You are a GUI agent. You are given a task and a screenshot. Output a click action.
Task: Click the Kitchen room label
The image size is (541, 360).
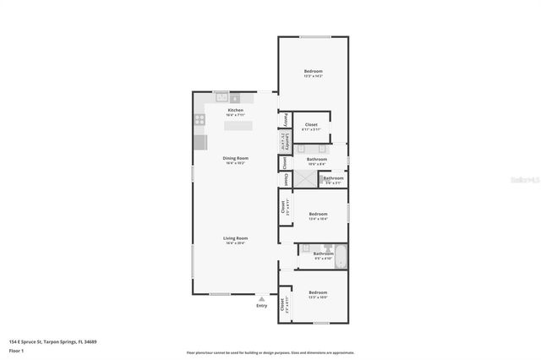235,111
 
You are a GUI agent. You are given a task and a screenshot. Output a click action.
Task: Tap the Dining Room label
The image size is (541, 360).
235,158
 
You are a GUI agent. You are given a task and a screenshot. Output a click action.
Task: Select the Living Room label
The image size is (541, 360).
235,238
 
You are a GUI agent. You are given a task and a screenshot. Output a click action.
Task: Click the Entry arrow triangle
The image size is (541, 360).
261,298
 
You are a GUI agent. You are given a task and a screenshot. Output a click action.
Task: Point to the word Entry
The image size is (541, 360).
261,306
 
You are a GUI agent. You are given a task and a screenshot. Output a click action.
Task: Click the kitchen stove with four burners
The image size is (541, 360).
200,120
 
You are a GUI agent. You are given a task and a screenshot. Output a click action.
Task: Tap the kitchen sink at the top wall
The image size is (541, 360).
221,97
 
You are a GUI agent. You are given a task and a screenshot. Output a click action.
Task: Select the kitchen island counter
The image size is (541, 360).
238,125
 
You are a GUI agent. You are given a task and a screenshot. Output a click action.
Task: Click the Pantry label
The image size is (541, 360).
286,119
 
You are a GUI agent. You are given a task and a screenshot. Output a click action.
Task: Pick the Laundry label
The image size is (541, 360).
286,140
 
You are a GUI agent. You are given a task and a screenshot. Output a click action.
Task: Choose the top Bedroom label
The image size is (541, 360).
313,71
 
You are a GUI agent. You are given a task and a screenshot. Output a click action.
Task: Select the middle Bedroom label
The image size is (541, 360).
318,214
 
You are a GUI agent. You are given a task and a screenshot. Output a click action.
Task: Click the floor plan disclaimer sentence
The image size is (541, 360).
270,352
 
